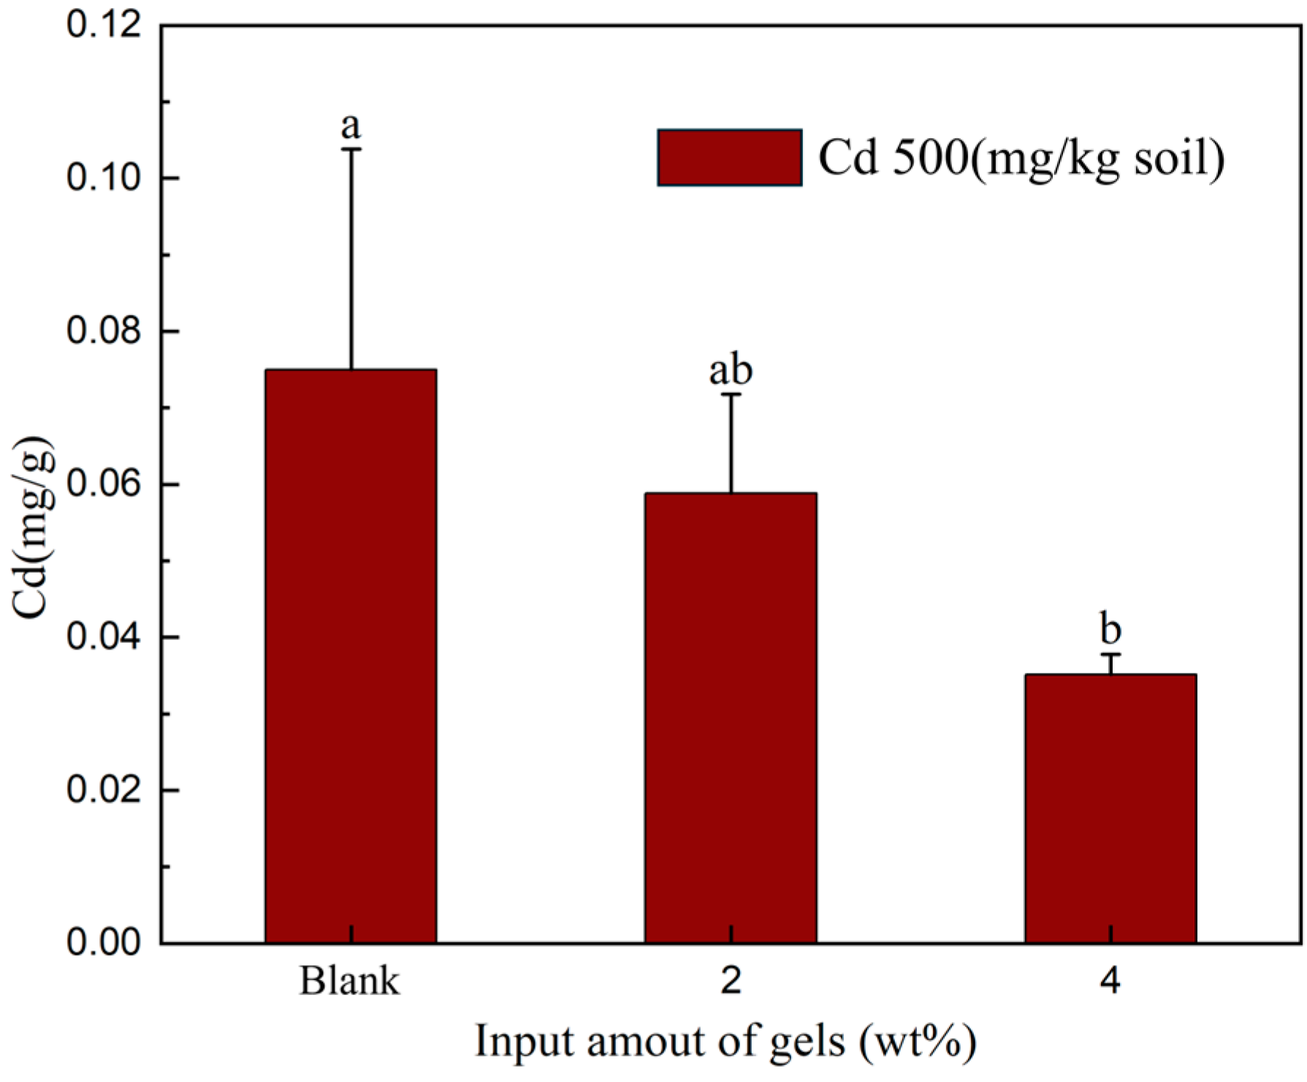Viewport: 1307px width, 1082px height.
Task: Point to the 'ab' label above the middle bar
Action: [x=731, y=371]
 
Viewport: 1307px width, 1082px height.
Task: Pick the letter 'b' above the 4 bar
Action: [x=1110, y=630]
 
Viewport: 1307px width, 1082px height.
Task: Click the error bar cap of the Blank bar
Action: [x=351, y=149]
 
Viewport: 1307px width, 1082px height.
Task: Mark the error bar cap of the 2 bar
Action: [x=731, y=395]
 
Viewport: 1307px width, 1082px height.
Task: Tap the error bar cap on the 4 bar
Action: [x=1110, y=655]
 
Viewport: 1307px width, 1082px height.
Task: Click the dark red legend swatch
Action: [x=729, y=158]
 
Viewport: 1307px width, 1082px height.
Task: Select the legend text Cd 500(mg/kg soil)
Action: [x=1021, y=158]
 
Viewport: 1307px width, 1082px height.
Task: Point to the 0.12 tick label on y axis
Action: [x=103, y=26]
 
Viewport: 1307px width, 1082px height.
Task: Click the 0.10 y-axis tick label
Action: [x=103, y=179]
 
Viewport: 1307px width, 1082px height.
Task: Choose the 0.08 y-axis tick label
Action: [x=103, y=332]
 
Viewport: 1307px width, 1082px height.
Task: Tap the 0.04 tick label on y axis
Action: [x=103, y=638]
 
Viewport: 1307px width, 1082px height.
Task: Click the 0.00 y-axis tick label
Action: [x=103, y=943]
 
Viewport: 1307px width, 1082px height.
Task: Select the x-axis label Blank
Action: [x=349, y=982]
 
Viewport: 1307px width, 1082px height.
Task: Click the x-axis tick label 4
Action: [x=1110, y=982]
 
